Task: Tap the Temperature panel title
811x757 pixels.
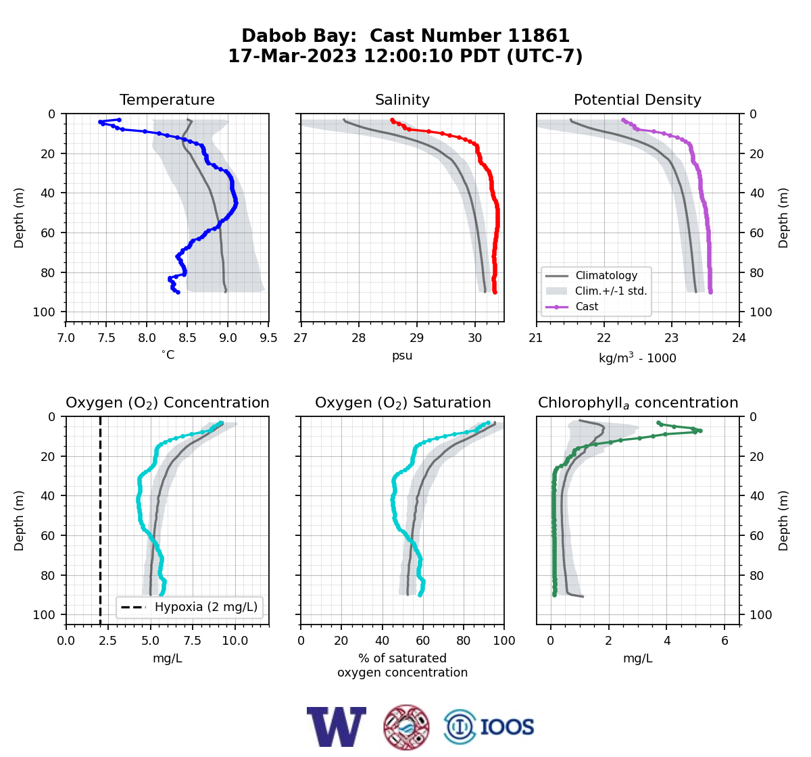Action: (167, 99)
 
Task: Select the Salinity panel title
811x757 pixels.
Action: (402, 99)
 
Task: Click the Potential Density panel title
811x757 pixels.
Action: (637, 99)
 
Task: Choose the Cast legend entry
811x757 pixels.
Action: (572, 306)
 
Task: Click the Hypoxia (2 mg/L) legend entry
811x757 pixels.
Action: (189, 607)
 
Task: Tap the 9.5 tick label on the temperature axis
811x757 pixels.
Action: (268, 338)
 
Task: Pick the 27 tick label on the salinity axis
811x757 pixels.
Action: (301, 338)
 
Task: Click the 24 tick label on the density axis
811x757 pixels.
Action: (739, 338)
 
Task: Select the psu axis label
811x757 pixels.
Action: (402, 356)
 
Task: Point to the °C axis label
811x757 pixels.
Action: (168, 355)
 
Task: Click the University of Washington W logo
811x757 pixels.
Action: (336, 727)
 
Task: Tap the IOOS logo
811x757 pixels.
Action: (489, 727)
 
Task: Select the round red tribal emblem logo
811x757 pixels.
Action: (406, 727)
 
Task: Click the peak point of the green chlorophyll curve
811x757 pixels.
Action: (700, 431)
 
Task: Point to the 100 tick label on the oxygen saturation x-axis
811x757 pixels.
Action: (503, 641)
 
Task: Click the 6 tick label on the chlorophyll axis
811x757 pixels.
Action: (724, 641)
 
